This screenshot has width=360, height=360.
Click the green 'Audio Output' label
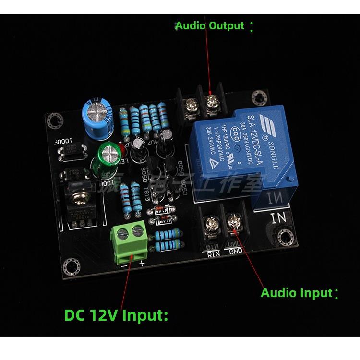(x=209, y=25)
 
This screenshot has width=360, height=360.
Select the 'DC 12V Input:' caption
(x=116, y=315)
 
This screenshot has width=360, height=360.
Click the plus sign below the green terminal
(x=142, y=264)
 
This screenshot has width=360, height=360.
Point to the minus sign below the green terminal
(x=124, y=264)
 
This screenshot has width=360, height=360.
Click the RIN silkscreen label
(x=213, y=253)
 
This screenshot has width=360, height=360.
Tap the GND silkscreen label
(x=236, y=252)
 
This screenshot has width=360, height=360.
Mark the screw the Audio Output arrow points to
(x=211, y=102)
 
